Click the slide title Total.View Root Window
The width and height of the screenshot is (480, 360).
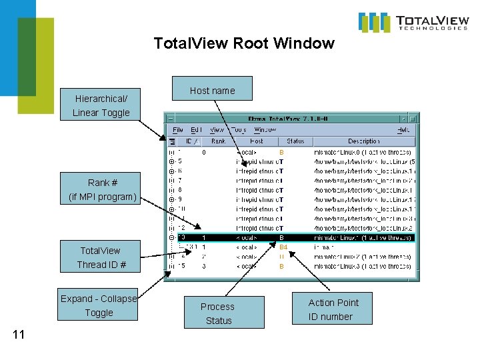tap(243, 44)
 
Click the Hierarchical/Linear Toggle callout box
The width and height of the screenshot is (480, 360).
tap(101, 105)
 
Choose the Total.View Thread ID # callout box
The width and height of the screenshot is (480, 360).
tap(101, 257)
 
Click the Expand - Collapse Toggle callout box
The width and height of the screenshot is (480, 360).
tap(99, 305)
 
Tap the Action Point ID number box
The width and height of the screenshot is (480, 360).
tap(333, 309)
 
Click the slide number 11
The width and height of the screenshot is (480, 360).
tap(19, 335)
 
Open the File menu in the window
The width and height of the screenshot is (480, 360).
tap(178, 130)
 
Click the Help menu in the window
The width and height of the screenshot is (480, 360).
tap(404, 130)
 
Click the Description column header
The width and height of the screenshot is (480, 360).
tap(364, 141)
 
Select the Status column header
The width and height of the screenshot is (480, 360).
tap(295, 141)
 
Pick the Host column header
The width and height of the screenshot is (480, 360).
tap(257, 141)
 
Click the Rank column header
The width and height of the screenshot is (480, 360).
tap(218, 141)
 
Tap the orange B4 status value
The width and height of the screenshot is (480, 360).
tap(283, 247)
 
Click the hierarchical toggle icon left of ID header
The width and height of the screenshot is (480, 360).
tap(172, 141)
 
